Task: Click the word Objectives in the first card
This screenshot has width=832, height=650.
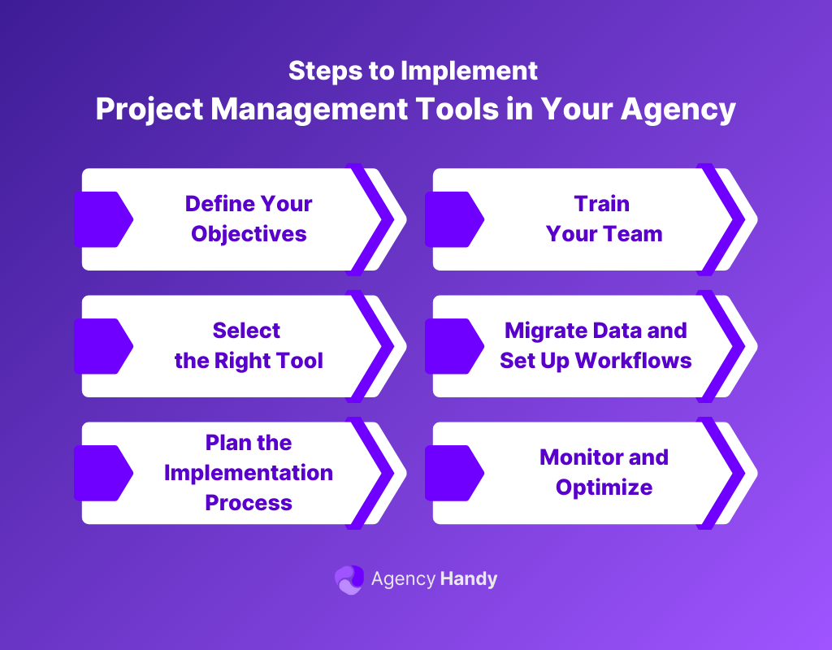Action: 249,234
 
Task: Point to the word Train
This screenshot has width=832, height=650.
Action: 602,203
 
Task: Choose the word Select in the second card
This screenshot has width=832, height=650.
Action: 246,330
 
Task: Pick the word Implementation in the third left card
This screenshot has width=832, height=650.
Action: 249,472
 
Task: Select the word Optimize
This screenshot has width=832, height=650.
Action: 604,487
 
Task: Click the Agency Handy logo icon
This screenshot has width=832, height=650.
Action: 349,579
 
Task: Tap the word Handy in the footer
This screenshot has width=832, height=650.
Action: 468,579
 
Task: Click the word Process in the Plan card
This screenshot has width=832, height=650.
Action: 249,502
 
